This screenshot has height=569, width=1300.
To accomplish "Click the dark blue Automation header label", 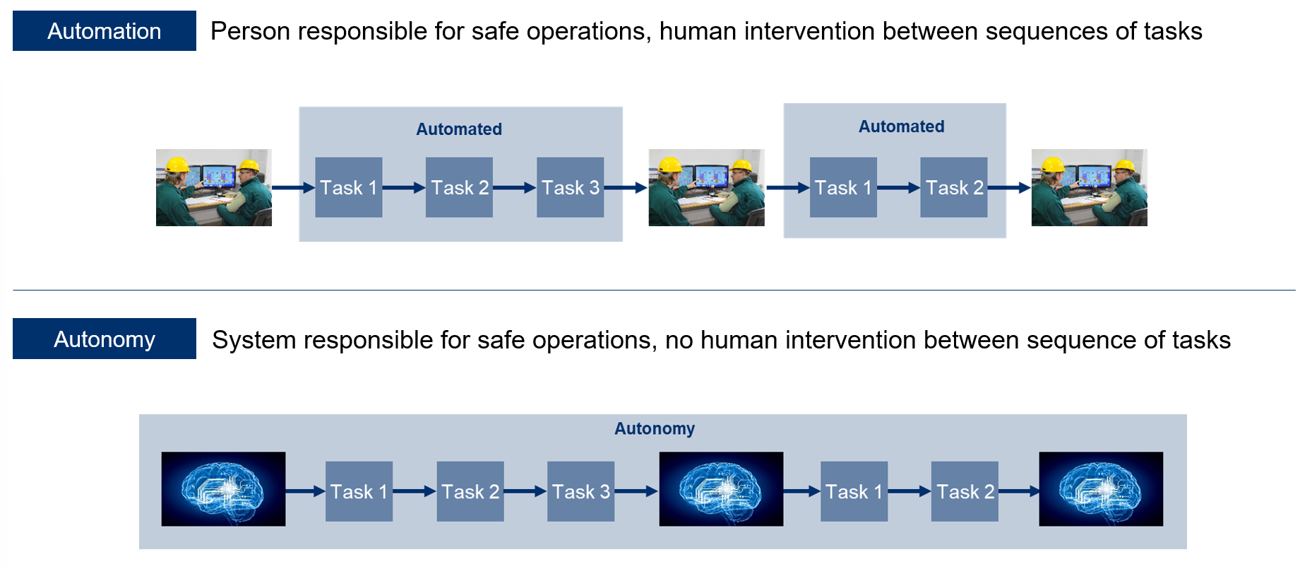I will pos(105,31).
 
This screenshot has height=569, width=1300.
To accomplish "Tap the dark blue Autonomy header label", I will pos(105,339).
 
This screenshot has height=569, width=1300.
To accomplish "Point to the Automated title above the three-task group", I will pos(459,129).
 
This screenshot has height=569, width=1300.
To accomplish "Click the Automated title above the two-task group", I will pos(901,127).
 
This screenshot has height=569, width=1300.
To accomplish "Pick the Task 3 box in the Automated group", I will pos(570,187).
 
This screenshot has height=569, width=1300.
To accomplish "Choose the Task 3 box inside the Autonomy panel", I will pos(580,491).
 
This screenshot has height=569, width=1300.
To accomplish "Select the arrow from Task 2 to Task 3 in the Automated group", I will pos(514,188).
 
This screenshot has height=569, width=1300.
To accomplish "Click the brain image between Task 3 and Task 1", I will pos(721,489).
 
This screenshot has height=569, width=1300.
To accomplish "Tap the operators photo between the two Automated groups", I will pos(706,187).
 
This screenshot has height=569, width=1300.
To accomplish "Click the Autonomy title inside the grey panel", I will pos(655,429).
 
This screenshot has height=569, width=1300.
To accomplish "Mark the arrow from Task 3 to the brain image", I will pos(636,491).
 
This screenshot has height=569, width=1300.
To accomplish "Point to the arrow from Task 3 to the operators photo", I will pos(626,188).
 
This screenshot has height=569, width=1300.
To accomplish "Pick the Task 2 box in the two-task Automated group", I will pos(954,187).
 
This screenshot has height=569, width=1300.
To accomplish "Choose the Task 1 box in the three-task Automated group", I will pos(348,187).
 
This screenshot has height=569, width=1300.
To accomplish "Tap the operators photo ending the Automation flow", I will pos(1089,187).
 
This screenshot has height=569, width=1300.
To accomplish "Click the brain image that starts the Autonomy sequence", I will pos(223,489).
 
